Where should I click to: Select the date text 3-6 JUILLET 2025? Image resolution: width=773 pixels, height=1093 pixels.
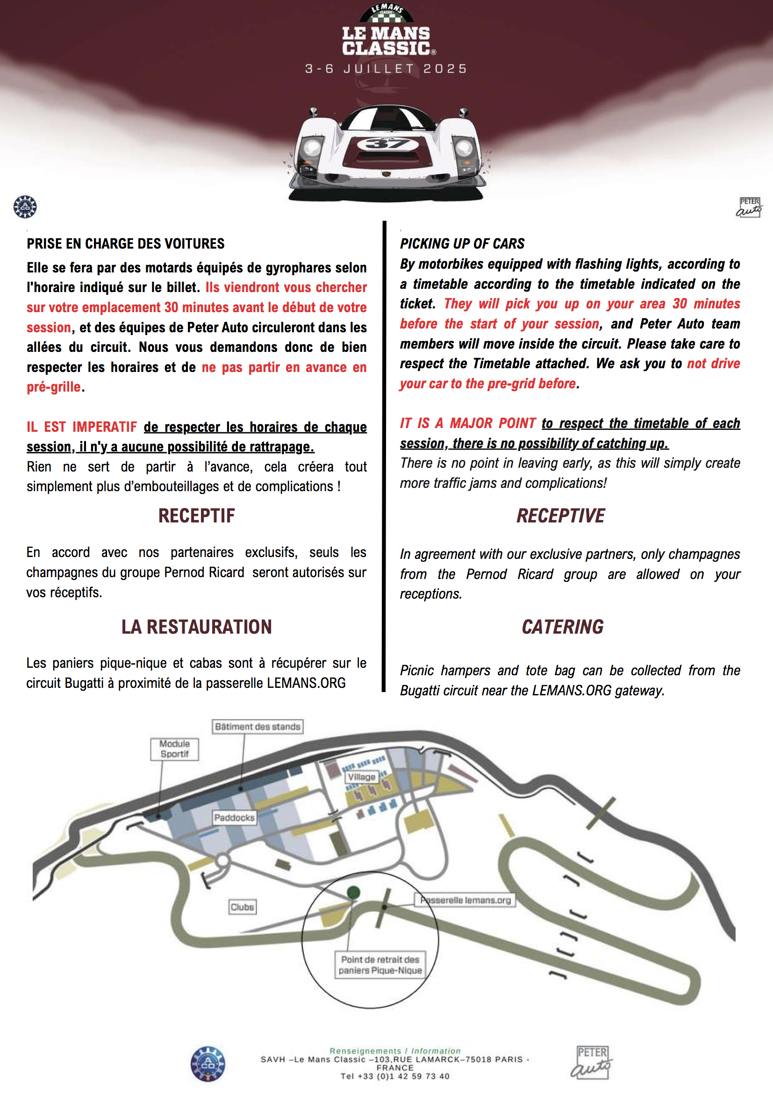coord(386,69)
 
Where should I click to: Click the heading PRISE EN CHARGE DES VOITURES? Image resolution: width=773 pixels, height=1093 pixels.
coord(126,244)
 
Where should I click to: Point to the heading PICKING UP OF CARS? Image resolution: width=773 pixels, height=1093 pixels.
coord(462,244)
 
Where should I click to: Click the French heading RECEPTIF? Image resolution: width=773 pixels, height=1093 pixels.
coord(197,515)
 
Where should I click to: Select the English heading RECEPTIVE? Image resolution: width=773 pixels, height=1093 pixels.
coord(561,515)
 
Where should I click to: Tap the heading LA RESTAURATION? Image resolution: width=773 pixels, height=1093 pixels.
coord(197,627)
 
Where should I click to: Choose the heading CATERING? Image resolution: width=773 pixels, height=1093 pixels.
coord(563,627)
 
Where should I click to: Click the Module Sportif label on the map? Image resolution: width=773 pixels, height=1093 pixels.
coord(174,749)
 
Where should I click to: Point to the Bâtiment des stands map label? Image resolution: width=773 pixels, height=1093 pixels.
coord(258,727)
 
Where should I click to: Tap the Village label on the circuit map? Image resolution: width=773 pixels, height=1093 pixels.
coord(362,777)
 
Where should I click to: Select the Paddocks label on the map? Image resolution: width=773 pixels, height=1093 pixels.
coord(234,817)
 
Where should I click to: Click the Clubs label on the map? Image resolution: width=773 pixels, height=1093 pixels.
coord(242,907)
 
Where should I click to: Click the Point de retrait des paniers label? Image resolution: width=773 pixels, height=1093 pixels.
coord(380,965)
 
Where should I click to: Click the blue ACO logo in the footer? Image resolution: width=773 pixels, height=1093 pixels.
coord(208,1064)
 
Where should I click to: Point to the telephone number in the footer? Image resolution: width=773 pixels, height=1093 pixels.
coord(395,1076)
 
